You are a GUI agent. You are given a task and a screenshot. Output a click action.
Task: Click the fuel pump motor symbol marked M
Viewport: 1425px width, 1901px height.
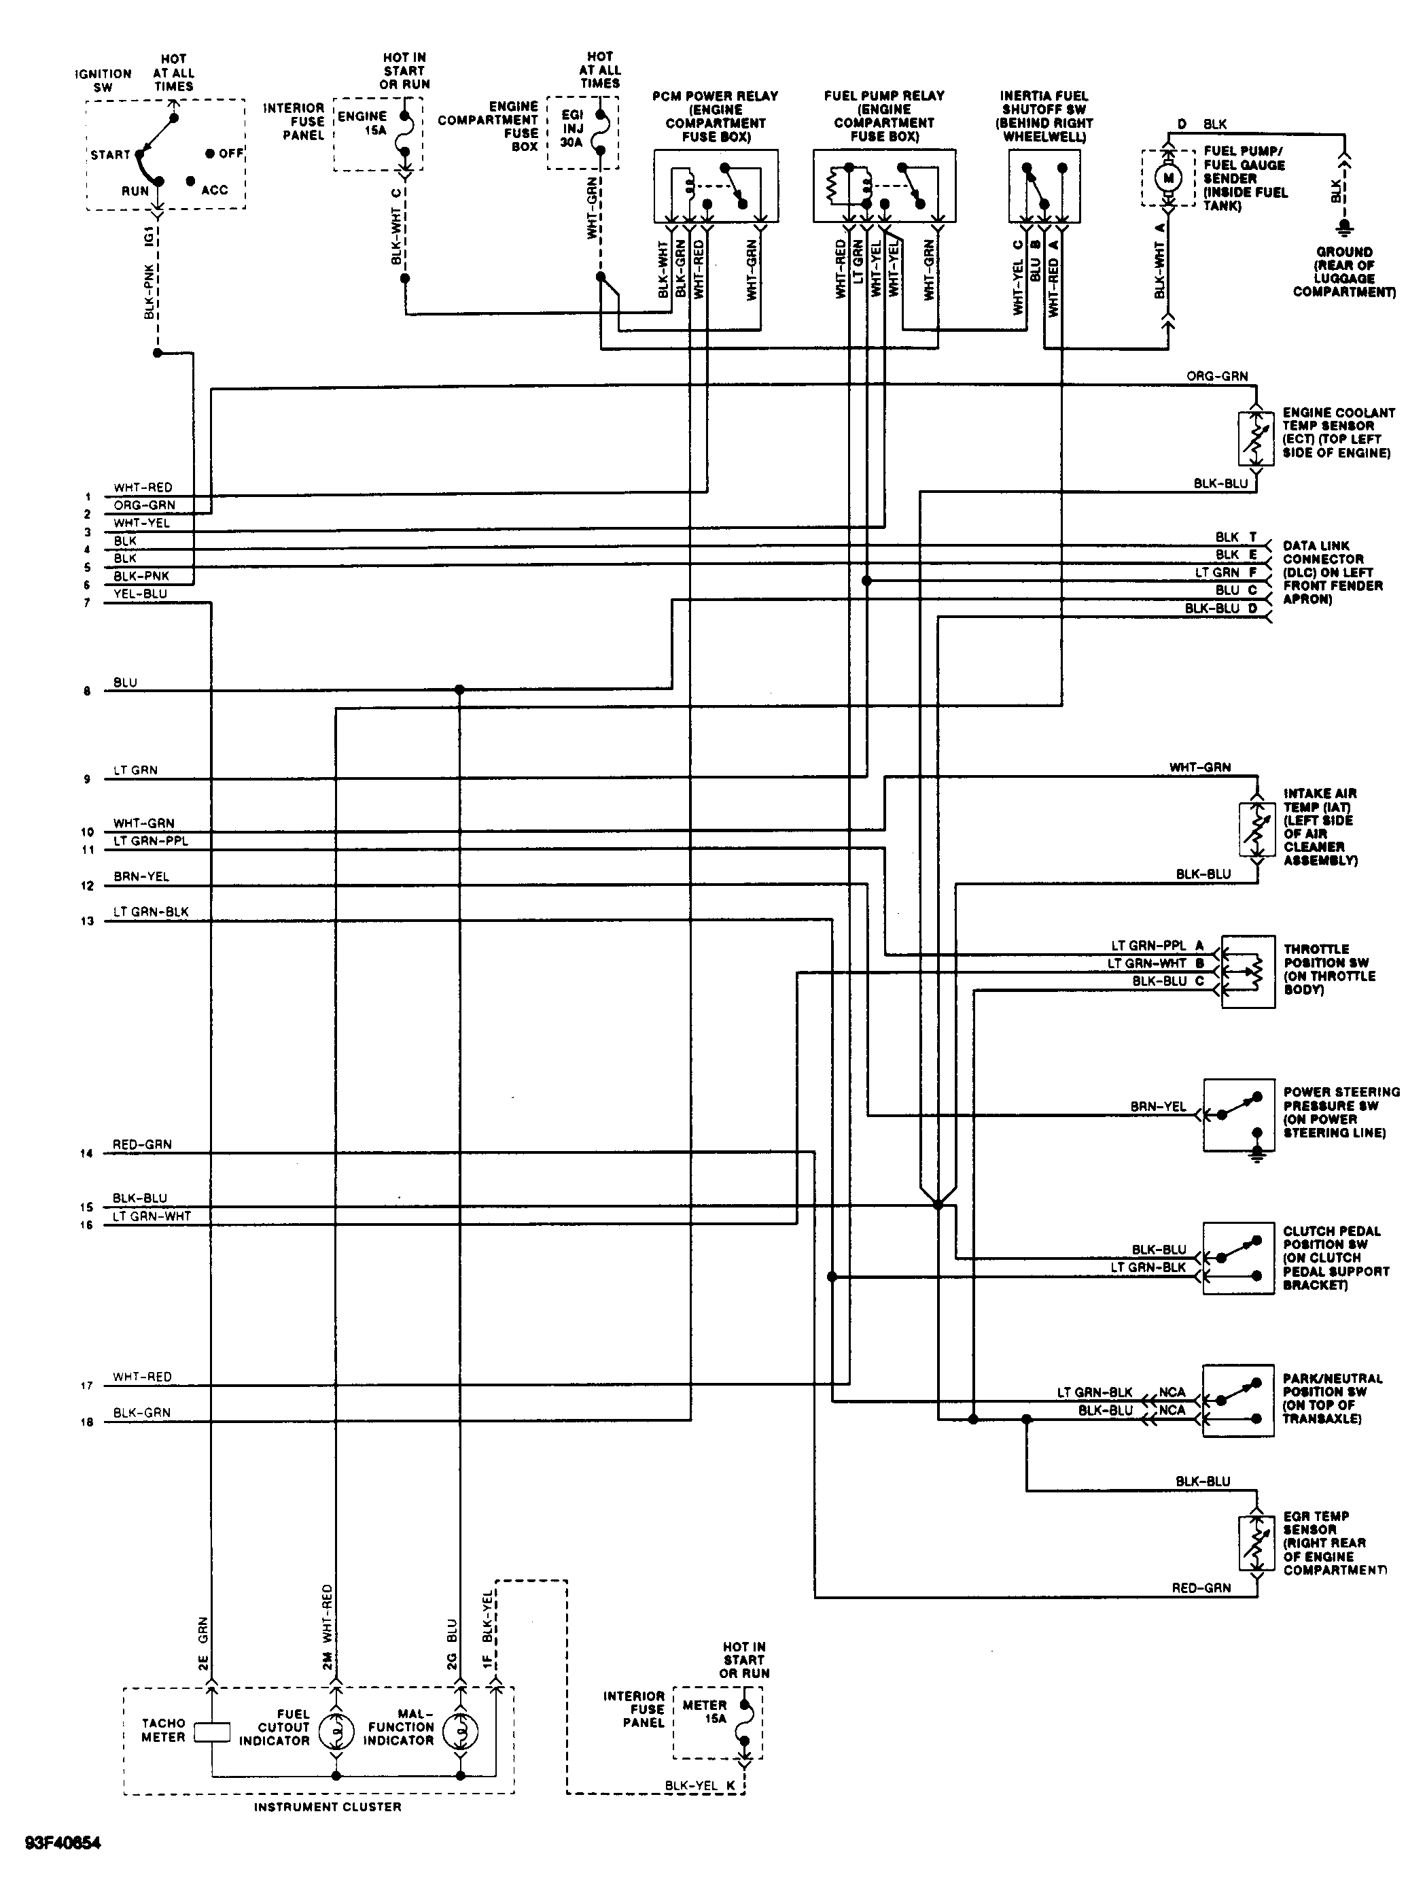[x=1168, y=177]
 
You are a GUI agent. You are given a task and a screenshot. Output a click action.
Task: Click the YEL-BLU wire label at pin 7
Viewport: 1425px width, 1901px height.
[x=140, y=594]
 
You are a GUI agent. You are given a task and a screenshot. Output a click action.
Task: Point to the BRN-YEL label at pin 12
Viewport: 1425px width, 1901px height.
[x=141, y=876]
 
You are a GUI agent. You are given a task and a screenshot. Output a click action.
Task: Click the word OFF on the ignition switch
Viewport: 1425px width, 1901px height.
[x=230, y=154]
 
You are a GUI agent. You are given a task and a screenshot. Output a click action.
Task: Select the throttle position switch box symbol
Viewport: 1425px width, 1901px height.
[x=1247, y=970]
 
